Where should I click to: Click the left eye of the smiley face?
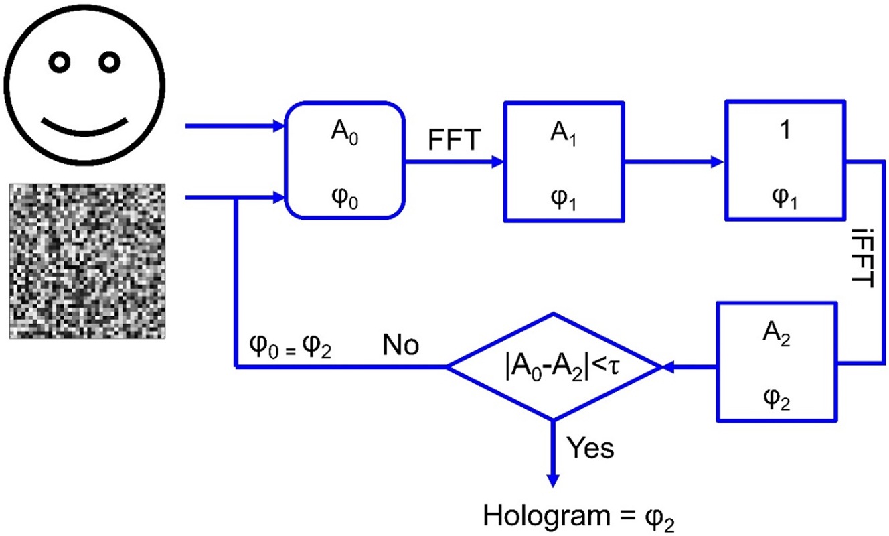click(59, 62)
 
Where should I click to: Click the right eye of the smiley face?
click(107, 62)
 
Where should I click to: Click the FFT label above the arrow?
click(455, 142)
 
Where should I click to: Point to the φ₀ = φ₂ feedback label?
click(291, 350)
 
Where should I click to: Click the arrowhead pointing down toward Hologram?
click(553, 481)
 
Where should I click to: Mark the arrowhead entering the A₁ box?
click(497, 161)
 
